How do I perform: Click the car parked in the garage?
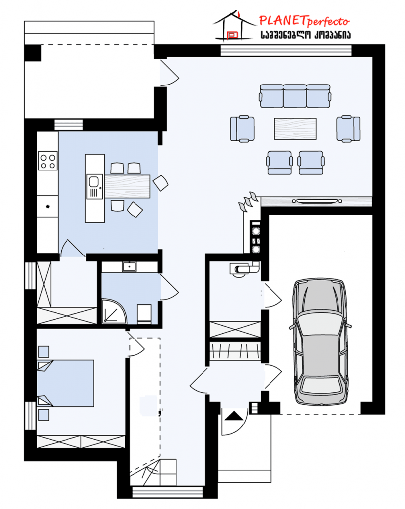pyautogui.click(x=320, y=341)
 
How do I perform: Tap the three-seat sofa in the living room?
pyautogui.click(x=295, y=96)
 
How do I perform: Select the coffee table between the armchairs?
pyautogui.click(x=295, y=129)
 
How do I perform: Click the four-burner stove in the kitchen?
pyautogui.click(x=48, y=161)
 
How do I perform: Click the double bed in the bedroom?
pyautogui.click(x=66, y=383)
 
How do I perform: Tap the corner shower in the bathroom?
pyautogui.click(x=114, y=311)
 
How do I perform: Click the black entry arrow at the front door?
pyautogui.click(x=234, y=416)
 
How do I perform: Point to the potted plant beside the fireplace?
pyautogui.click(x=248, y=201)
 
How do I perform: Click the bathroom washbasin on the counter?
pyautogui.click(x=129, y=267)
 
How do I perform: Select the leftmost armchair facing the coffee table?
pyautogui.click(x=242, y=129)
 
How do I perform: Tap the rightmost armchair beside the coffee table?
pyautogui.click(x=348, y=129)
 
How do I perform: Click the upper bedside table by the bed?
pyautogui.click(x=44, y=352)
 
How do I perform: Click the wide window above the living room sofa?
pyautogui.click(x=286, y=51)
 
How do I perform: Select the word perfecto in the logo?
pyautogui.click(x=328, y=22)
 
